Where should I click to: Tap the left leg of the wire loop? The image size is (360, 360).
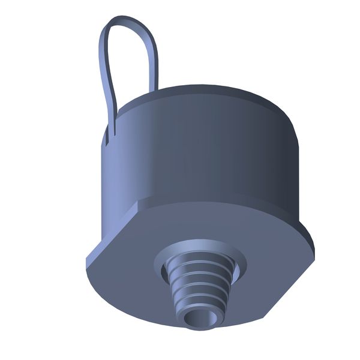pos(103,66)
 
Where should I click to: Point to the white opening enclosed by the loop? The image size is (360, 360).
pos(129,60)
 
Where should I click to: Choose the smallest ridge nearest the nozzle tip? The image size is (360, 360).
pos(201,305)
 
